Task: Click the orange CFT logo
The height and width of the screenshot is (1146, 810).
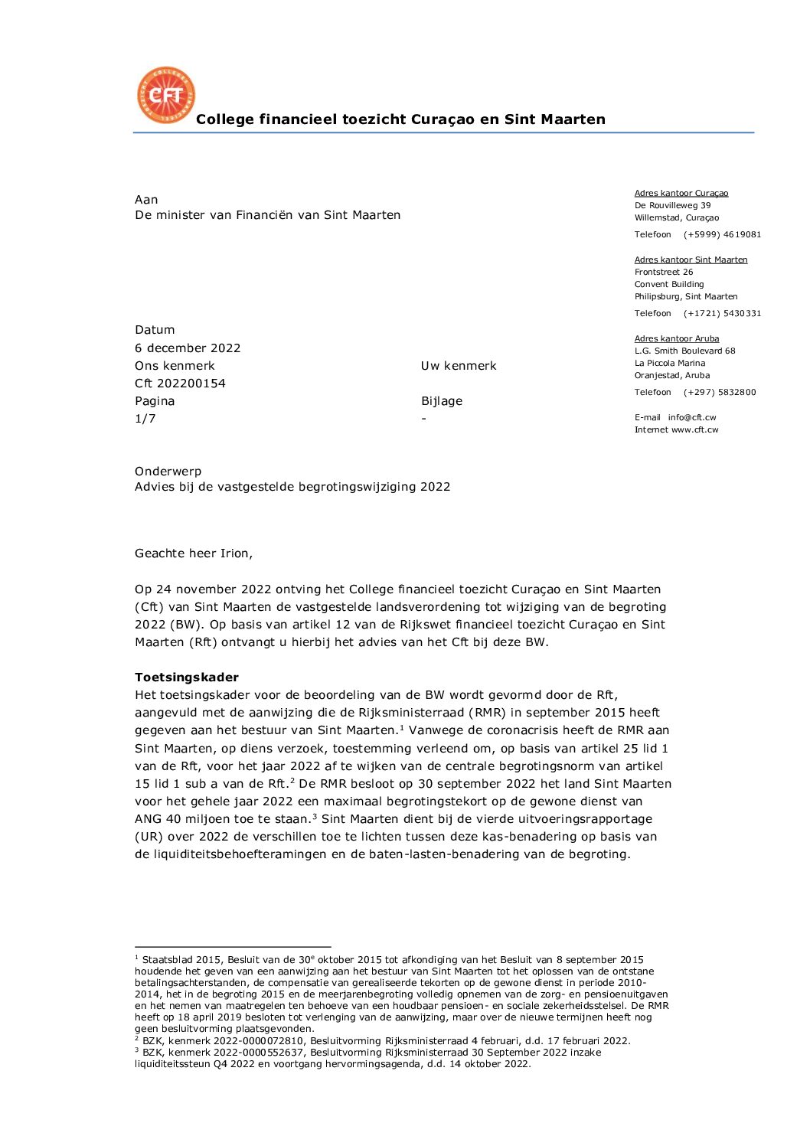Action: [x=165, y=95]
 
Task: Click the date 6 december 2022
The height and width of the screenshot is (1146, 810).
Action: [x=188, y=348]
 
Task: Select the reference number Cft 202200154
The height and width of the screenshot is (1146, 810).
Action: [x=180, y=384]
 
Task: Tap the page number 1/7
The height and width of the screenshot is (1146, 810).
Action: [x=145, y=419]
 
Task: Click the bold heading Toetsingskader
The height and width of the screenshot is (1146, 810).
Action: [x=187, y=677]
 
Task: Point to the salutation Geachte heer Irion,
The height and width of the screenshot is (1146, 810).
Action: [x=194, y=553]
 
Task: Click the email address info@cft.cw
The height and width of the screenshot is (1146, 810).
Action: [x=692, y=418]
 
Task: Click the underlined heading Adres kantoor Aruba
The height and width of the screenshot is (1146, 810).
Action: [x=677, y=338]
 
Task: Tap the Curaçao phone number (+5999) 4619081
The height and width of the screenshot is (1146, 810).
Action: [x=722, y=235]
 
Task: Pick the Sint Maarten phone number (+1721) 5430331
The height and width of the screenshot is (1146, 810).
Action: [x=722, y=314]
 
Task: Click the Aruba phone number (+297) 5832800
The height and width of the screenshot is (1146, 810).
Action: [x=720, y=393]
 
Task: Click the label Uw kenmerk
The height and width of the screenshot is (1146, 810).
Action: [x=459, y=366]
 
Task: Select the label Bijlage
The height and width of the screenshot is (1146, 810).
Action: [x=442, y=401]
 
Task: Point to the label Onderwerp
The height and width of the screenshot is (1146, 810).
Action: [x=168, y=472]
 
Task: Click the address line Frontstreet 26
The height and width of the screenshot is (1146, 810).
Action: [x=664, y=273]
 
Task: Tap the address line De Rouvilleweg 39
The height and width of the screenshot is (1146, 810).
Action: [x=672, y=206]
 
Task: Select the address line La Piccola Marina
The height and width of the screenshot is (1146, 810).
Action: [x=670, y=364]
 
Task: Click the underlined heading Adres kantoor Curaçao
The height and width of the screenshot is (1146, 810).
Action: [x=681, y=194]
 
